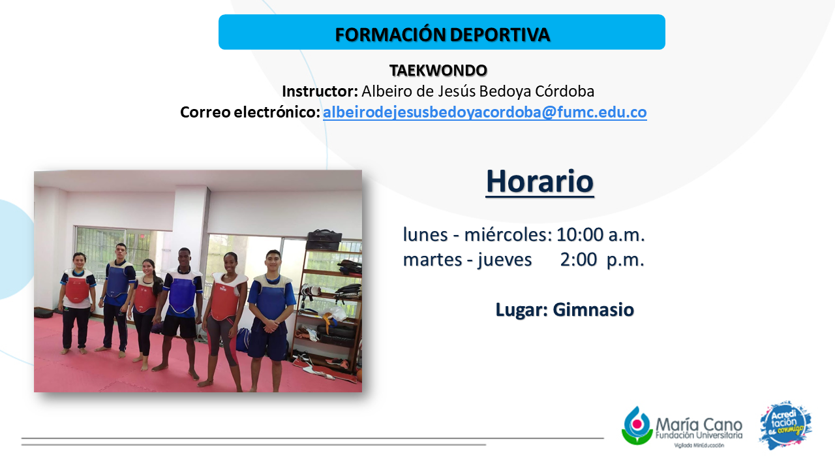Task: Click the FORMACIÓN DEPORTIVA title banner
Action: pyautogui.click(x=442, y=32)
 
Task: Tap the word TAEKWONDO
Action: pyautogui.click(x=438, y=70)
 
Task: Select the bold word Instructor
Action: pyautogui.click(x=320, y=91)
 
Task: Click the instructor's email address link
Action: pyautogui.click(x=485, y=112)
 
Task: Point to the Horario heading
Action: pyautogui.click(x=539, y=181)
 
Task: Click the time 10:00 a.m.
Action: pyautogui.click(x=601, y=234)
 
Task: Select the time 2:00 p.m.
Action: pyautogui.click(x=602, y=260)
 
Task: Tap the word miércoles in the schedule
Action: pyautogui.click(x=508, y=234)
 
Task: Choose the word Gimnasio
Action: pyautogui.click(x=594, y=309)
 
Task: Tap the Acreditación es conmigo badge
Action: pyautogui.click(x=786, y=426)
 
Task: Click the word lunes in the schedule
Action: pyautogui.click(x=425, y=234)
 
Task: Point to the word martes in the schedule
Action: pyautogui.click(x=433, y=260)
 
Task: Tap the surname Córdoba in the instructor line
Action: pyautogui.click(x=565, y=91)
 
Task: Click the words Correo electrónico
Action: pyautogui.click(x=250, y=112)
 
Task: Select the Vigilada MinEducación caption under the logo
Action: pyautogui.click(x=699, y=445)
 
